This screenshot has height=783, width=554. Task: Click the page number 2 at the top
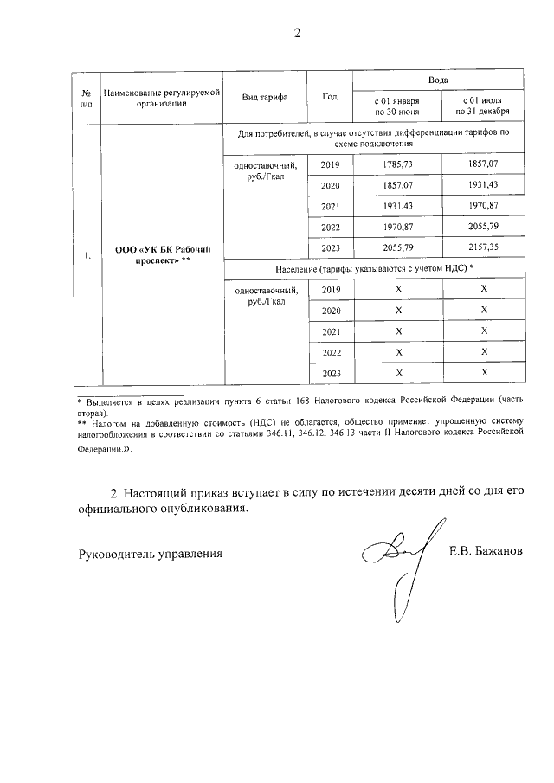[x=296, y=34]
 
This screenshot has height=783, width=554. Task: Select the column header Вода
[x=439, y=79]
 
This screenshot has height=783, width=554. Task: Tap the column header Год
[x=329, y=96]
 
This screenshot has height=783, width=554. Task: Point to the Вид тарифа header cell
[x=265, y=96]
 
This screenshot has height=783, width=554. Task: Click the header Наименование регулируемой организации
[x=161, y=96]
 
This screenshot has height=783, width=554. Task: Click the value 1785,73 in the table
[x=397, y=164]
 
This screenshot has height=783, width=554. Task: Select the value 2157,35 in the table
[x=484, y=247]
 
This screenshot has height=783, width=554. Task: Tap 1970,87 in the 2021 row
[x=484, y=206]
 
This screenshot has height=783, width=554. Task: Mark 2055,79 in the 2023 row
[x=397, y=247]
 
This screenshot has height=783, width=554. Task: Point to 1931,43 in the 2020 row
[x=484, y=185]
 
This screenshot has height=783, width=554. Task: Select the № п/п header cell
[x=87, y=96]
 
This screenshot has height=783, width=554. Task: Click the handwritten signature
[x=398, y=562]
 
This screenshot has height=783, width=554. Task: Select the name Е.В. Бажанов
[x=486, y=551]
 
